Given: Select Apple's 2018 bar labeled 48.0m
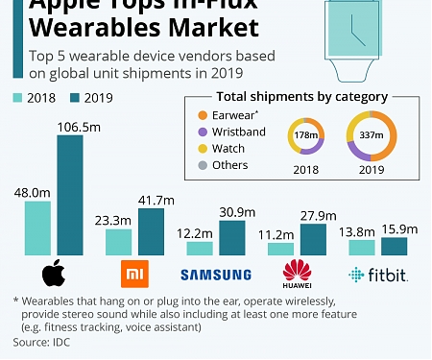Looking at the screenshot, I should tap(37, 228).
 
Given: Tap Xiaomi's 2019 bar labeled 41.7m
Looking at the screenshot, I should tap(151, 231).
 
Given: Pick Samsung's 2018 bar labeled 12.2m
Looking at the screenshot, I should tap(199, 249).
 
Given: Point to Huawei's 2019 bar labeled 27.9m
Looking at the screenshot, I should tap(313, 239).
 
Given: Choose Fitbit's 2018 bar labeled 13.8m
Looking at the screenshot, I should tap(361, 248).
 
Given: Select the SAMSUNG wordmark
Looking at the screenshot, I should tap(215, 276).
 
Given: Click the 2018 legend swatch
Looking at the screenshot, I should tap(18, 98).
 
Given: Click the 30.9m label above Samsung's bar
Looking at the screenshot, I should tap(232, 210).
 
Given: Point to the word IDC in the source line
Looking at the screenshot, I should tap(63, 341).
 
